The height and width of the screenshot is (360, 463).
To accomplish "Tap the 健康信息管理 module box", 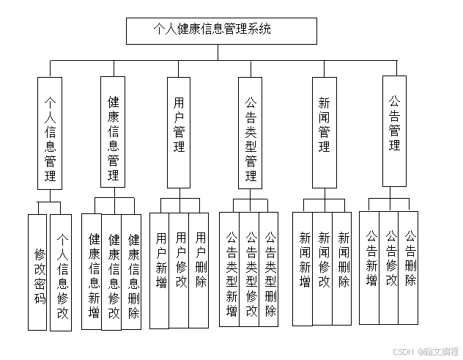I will pos(113,136).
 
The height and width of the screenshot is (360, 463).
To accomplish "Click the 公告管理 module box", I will pos(394,131).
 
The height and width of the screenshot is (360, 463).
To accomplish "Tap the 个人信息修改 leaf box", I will pos(61,273).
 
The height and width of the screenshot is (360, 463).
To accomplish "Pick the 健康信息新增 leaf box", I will pos(92,271).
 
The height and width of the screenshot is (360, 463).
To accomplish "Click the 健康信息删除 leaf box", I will pos(132,271).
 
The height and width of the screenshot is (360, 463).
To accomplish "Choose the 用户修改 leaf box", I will pos(180,270).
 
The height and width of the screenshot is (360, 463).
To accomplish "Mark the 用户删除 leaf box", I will pos(200,270).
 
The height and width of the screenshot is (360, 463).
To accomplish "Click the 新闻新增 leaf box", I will pos(303,268).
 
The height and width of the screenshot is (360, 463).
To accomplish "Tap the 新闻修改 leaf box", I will pos(323,268).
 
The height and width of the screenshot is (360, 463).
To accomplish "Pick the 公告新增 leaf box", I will pos(370,268).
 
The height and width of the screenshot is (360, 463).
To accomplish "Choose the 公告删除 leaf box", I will pos(410,268).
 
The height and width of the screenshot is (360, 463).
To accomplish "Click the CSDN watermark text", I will pos(403,351).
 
